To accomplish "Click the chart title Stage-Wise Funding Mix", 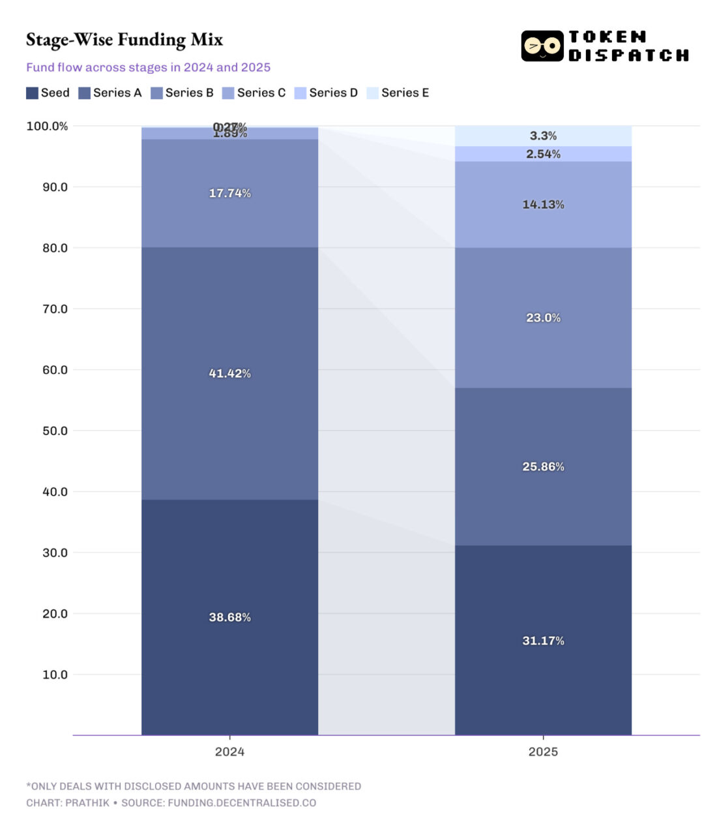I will tap(124, 40).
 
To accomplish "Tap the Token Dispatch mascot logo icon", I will tap(542, 46).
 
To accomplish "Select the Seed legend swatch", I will tap(32, 93).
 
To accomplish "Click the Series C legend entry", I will tap(254, 93).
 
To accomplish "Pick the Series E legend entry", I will tap(398, 93).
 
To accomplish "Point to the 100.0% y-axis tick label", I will tap(47, 126).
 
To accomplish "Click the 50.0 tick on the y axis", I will tap(55, 431).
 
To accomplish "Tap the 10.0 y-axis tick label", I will tap(55, 675).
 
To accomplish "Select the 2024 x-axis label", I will tap(229, 751).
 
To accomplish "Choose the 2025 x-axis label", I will tap(543, 751).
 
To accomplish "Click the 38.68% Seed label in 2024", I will tap(229, 617).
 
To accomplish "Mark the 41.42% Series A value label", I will tap(229, 373).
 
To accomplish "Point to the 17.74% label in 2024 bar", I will tap(229, 193).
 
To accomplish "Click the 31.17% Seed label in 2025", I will tap(543, 641).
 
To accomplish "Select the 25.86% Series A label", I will tap(543, 466).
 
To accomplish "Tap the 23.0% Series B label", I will tap(543, 318).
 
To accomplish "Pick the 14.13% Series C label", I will tap(543, 204).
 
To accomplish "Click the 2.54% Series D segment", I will tap(543, 154).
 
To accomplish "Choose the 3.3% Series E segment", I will tap(543, 136).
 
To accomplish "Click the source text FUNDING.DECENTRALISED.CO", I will tap(242, 802).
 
